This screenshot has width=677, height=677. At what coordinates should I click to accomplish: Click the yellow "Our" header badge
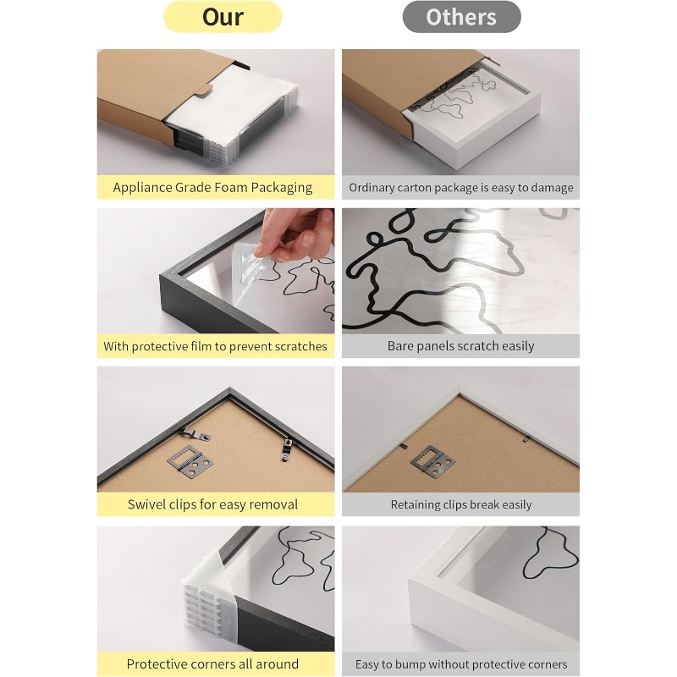223,17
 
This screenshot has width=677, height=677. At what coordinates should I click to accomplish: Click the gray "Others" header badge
461,17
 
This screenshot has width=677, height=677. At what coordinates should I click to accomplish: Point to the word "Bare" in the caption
399,346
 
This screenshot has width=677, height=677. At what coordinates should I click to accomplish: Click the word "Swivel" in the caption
146,504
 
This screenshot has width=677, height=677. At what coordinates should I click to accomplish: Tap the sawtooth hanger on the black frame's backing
190,460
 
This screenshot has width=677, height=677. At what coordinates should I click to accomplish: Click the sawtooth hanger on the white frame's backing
433,460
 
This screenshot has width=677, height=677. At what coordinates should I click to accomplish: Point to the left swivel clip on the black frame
195,434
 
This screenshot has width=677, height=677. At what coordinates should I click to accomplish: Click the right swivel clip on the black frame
286,449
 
